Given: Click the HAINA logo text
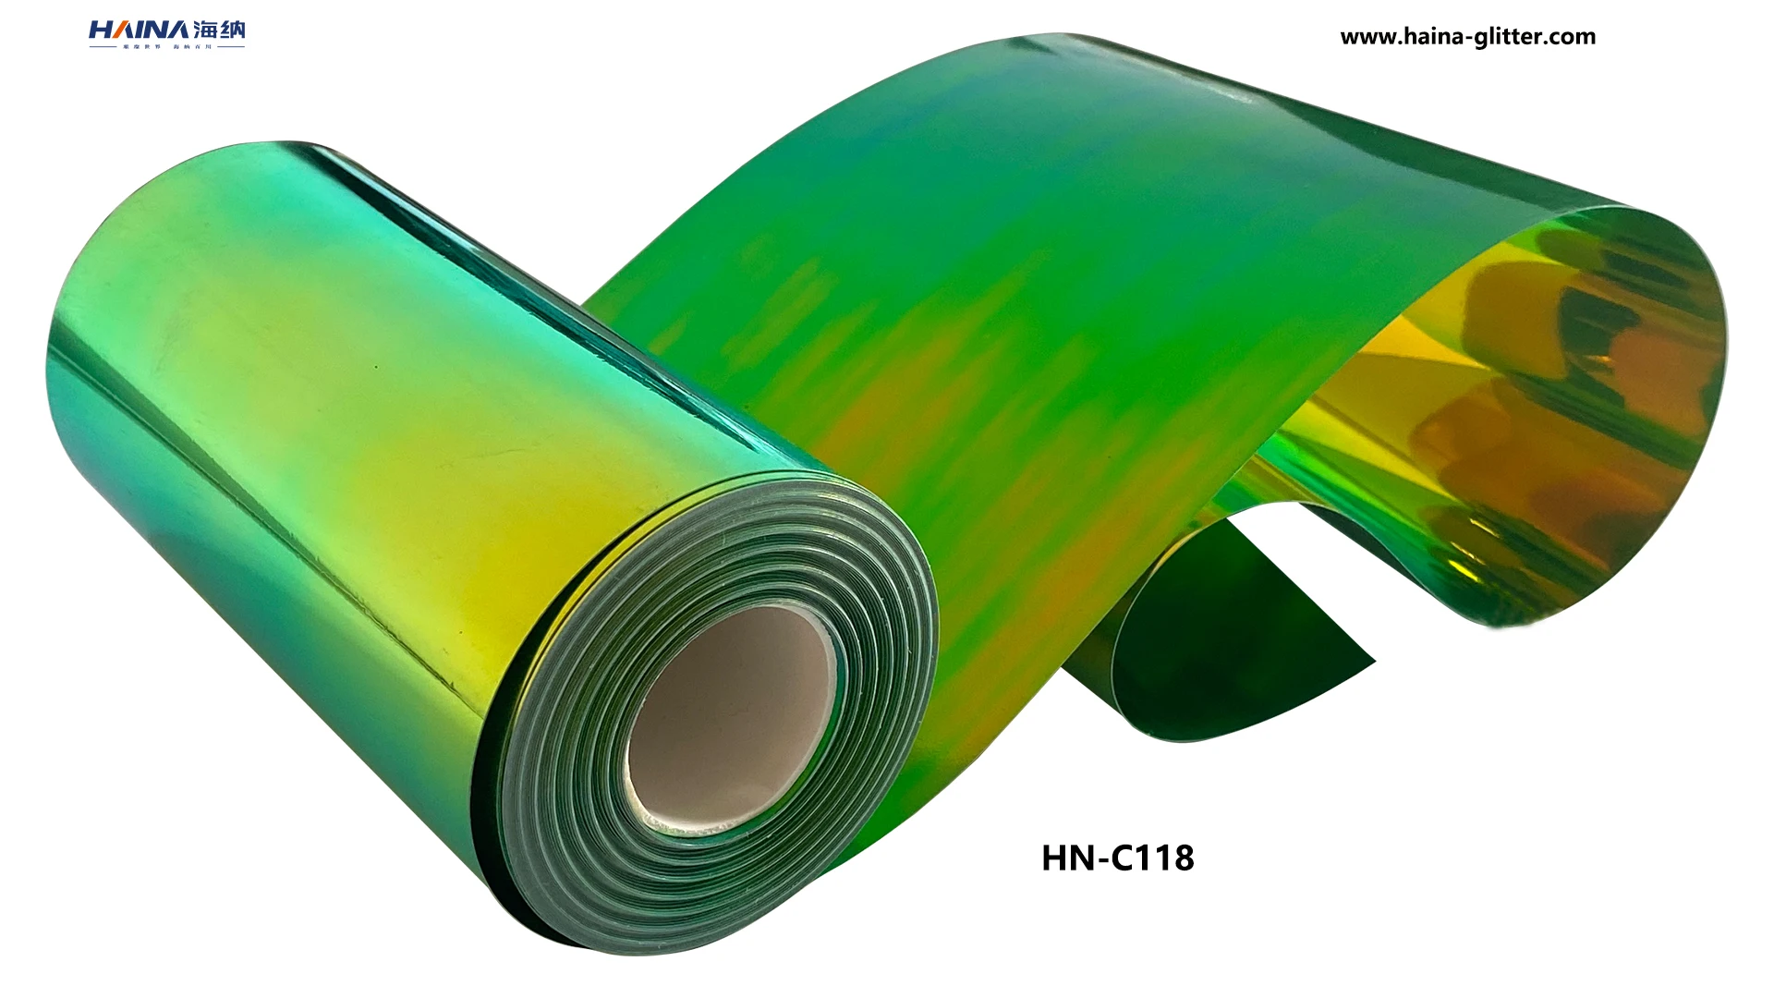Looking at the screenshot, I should point(139,30).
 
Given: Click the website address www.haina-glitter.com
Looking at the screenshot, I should point(1467,37).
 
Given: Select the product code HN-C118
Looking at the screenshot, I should point(1117,858).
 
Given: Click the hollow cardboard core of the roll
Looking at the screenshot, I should point(730,712).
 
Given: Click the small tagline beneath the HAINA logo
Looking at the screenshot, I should point(166,46).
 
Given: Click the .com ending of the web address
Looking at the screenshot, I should point(1571,37).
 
